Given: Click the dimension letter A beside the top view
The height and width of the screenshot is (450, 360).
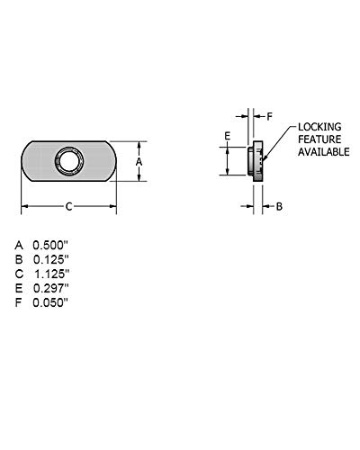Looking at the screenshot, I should coord(139,162).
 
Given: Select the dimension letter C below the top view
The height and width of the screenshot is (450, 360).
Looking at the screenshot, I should coord(70,206).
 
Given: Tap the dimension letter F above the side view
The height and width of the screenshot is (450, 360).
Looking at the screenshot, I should coord(269,116).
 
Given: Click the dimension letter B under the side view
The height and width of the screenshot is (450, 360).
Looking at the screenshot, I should coord(279,206).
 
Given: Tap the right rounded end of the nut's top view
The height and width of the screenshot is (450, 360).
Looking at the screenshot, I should coord(109,162).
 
